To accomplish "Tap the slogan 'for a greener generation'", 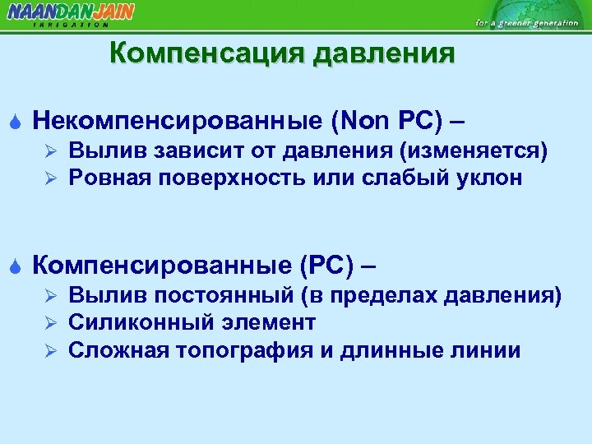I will [526, 22].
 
